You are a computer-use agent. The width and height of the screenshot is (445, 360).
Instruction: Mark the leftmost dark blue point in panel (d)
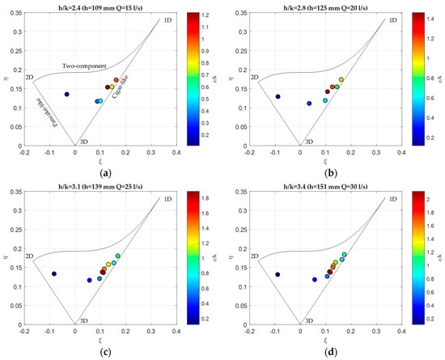coord(278,274)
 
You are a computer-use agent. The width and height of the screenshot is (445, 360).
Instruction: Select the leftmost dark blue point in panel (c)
coord(54,273)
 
